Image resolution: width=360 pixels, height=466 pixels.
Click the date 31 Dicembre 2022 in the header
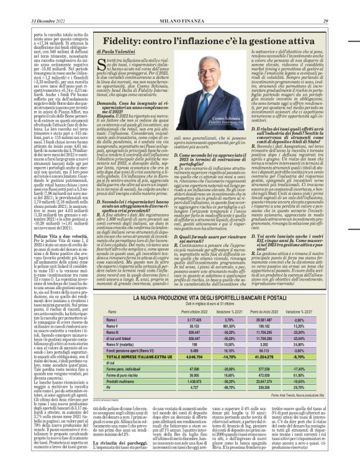coord(38,5)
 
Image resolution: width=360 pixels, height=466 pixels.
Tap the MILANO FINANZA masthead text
coord(179,5)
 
